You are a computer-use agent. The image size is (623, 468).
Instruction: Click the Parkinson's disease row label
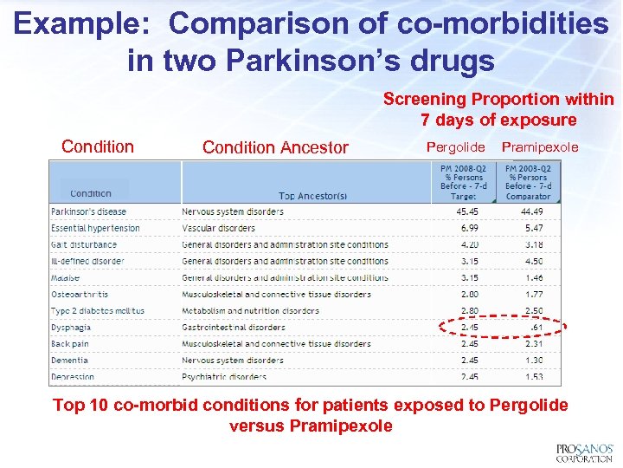point(88,211)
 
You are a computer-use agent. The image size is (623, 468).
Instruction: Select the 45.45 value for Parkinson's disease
point(466,211)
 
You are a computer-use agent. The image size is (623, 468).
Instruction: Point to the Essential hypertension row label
point(95,228)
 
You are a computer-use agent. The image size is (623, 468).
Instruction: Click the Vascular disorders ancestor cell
point(218,228)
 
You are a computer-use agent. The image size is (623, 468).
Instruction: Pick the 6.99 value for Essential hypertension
point(469,228)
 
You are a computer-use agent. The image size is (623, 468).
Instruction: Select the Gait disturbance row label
point(84,244)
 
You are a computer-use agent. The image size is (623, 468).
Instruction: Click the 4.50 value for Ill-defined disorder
point(534,261)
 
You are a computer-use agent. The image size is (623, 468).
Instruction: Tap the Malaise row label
point(66,278)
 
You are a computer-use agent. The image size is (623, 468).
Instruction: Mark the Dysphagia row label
point(71,328)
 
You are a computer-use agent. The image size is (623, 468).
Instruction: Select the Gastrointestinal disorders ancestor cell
point(234,328)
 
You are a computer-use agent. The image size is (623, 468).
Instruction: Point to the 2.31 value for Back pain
point(534,344)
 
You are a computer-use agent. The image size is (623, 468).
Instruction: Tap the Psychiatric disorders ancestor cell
point(225,377)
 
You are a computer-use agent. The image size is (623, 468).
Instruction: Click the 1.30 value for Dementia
point(534,361)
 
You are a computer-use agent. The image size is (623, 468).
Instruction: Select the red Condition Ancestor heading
point(275,147)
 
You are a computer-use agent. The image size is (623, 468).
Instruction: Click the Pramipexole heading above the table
point(540,147)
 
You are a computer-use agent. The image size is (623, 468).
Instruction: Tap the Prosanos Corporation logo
point(584,452)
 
